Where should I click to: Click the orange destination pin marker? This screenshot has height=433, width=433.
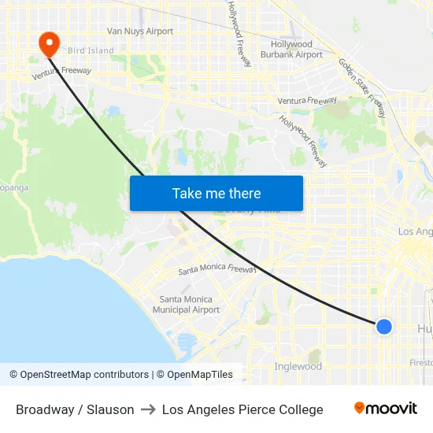point(49,43)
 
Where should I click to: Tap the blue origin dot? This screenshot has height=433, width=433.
point(383,326)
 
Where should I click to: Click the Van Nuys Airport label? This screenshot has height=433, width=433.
point(140,31)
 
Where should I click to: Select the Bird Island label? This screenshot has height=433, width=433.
point(91,50)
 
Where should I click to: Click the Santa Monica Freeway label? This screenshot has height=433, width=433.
point(217,269)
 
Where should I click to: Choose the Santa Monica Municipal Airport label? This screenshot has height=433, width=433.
point(186,305)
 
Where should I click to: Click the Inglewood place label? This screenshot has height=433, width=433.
point(298,367)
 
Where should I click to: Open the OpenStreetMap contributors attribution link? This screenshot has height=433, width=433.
point(79,375)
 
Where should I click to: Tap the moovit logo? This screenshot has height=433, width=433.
point(386,409)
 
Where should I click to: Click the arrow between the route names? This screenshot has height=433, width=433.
point(148,409)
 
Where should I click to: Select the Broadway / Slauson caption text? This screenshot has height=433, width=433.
point(75,409)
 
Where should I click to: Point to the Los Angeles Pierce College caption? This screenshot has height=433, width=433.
point(242,409)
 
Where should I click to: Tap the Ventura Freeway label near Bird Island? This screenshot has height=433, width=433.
point(61,73)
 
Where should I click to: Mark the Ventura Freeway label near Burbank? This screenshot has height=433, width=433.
point(307,101)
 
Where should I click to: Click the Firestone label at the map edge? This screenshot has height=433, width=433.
point(421,363)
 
